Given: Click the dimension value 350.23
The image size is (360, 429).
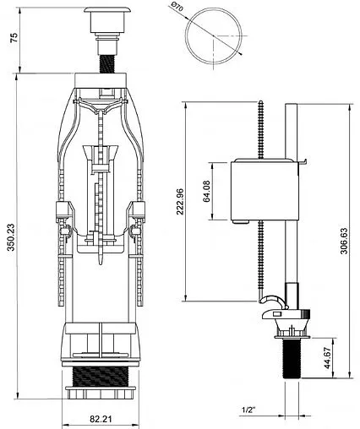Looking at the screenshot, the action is click(x=11, y=237).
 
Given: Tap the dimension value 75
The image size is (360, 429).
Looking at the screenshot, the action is click(x=14, y=37).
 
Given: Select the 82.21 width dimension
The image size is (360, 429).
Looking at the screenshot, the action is click(x=101, y=419).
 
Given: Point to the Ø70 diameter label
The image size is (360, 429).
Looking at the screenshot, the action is click(x=177, y=7).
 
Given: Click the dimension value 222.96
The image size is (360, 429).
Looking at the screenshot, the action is click(x=180, y=202).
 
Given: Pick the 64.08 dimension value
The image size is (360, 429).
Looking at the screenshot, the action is click(x=206, y=191).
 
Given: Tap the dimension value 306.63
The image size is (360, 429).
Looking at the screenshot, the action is click(x=344, y=241).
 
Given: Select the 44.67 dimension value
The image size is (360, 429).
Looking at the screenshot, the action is click(x=327, y=358).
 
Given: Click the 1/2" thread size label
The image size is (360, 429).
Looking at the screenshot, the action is click(x=248, y=410).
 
